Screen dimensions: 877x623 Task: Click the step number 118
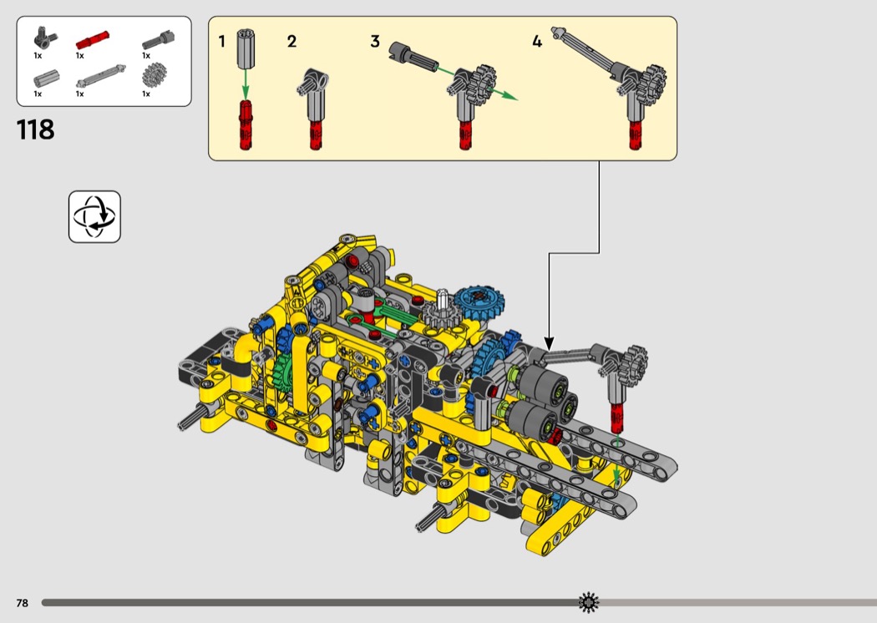(x=36, y=129)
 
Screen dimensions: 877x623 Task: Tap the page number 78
(x=23, y=603)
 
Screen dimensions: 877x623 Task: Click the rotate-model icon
(x=94, y=216)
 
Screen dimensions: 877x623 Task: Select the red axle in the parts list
(x=92, y=40)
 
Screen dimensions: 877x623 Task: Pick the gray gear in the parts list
(x=154, y=75)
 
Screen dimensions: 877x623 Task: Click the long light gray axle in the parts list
(x=101, y=77)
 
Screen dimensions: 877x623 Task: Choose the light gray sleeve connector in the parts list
(x=46, y=79)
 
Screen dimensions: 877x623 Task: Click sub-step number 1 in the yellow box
(x=221, y=42)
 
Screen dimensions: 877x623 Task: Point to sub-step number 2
(x=291, y=42)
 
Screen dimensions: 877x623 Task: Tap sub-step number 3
(x=375, y=42)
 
